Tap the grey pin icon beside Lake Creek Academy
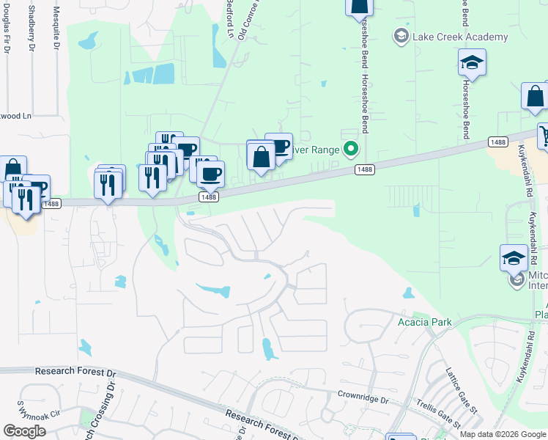click(401, 36)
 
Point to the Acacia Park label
click(424, 322)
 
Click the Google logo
click(24, 431)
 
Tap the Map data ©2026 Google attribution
click(503, 434)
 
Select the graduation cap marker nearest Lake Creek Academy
click(473, 64)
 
